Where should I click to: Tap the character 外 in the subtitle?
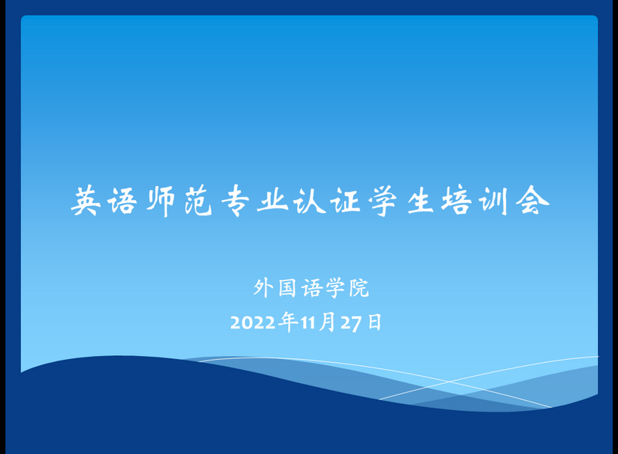[x=263, y=289]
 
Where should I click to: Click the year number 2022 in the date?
[x=254, y=323]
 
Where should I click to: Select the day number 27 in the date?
[x=351, y=323]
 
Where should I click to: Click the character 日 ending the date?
[x=374, y=323]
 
